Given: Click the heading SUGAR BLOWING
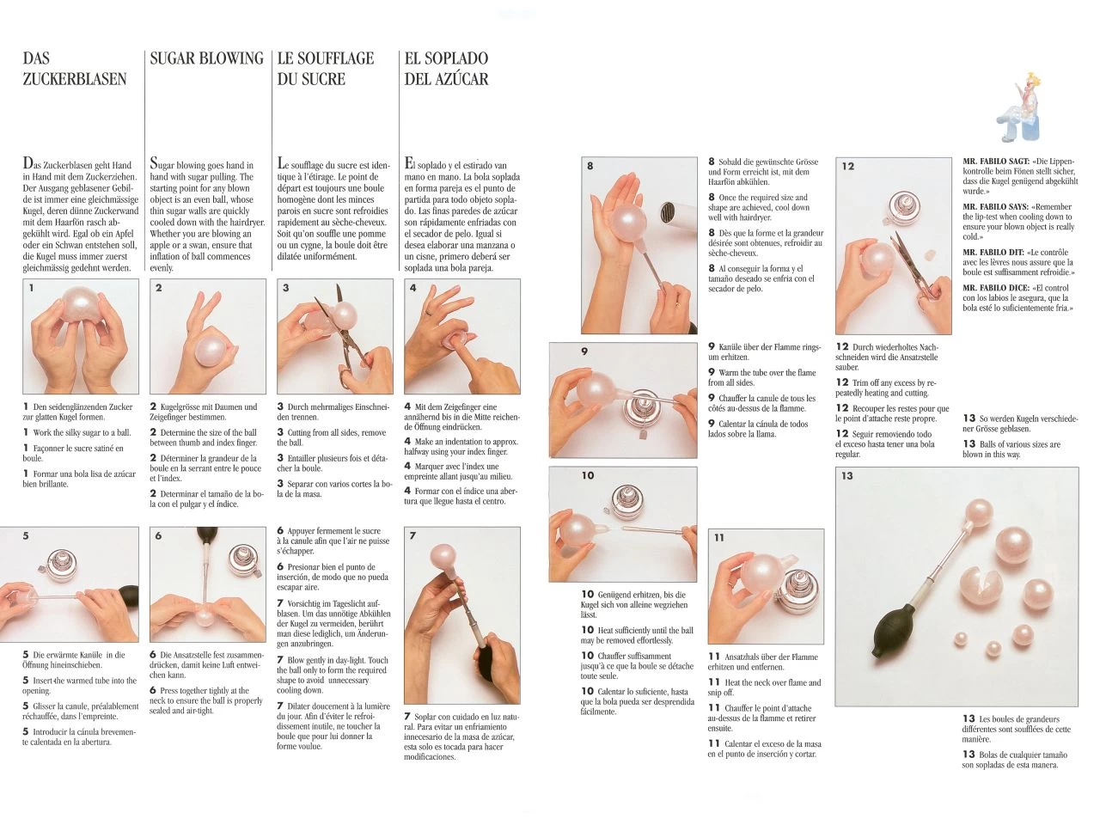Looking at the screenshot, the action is pos(206,58).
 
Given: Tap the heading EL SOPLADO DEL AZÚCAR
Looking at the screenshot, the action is pos(446,69).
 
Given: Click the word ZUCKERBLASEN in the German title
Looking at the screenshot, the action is pos(75,79).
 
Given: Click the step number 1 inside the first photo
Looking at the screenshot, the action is pos(32,288).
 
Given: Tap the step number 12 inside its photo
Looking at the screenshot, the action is pos(848,167).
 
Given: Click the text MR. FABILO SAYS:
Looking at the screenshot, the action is pos(995,206).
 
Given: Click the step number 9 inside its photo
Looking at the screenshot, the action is pos(584,351).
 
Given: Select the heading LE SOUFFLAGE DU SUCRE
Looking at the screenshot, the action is pos(326,69).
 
